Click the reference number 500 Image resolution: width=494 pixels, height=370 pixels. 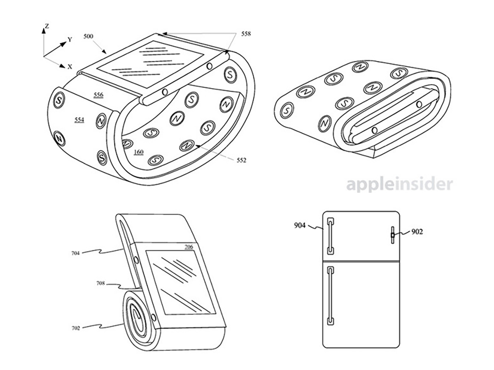pyautogui.click(x=88, y=37)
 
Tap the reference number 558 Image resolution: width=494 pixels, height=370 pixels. pyautogui.click(x=246, y=34)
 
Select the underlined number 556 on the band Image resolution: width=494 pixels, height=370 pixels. pyautogui.click(x=98, y=95)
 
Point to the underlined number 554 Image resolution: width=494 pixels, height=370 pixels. pyautogui.click(x=79, y=120)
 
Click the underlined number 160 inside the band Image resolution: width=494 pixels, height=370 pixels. pyautogui.click(x=139, y=152)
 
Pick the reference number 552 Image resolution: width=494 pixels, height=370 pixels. pyautogui.click(x=242, y=160)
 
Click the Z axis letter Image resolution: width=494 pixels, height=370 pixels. pyautogui.click(x=47, y=26)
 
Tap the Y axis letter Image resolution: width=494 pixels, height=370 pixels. pyautogui.click(x=70, y=40)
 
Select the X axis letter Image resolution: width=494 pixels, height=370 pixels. pyautogui.click(x=70, y=67)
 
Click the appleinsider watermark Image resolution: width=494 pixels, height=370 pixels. pyautogui.click(x=399, y=185)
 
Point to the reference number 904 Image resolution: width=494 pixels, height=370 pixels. pyautogui.click(x=300, y=225)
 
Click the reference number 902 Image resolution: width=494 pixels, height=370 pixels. pyautogui.click(x=417, y=231)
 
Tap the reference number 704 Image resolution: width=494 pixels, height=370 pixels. pyautogui.click(x=76, y=253)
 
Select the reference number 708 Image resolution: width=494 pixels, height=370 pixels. pyautogui.click(x=100, y=283)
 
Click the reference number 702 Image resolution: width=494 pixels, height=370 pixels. pyautogui.click(x=76, y=328)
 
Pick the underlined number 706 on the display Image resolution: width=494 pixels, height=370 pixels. pyautogui.click(x=189, y=247)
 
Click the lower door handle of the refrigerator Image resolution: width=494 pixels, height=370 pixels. pyautogui.click(x=331, y=296)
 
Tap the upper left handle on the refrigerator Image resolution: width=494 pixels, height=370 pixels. pyautogui.click(x=331, y=236)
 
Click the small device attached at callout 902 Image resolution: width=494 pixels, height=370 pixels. pyautogui.click(x=393, y=235)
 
